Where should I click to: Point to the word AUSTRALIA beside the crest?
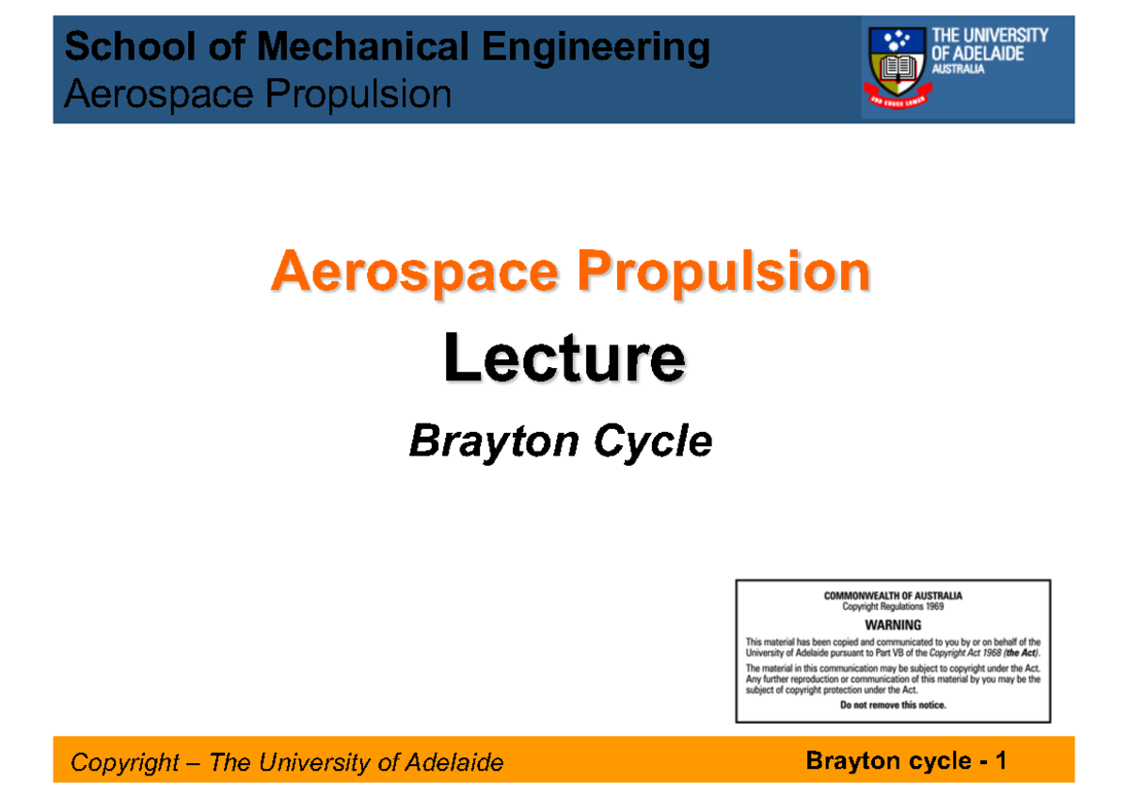tap(958, 72)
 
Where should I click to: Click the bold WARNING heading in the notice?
tap(893, 625)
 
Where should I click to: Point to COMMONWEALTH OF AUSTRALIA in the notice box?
tap(893, 596)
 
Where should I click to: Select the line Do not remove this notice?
tap(893, 704)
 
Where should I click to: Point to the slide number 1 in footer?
tap(1001, 760)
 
